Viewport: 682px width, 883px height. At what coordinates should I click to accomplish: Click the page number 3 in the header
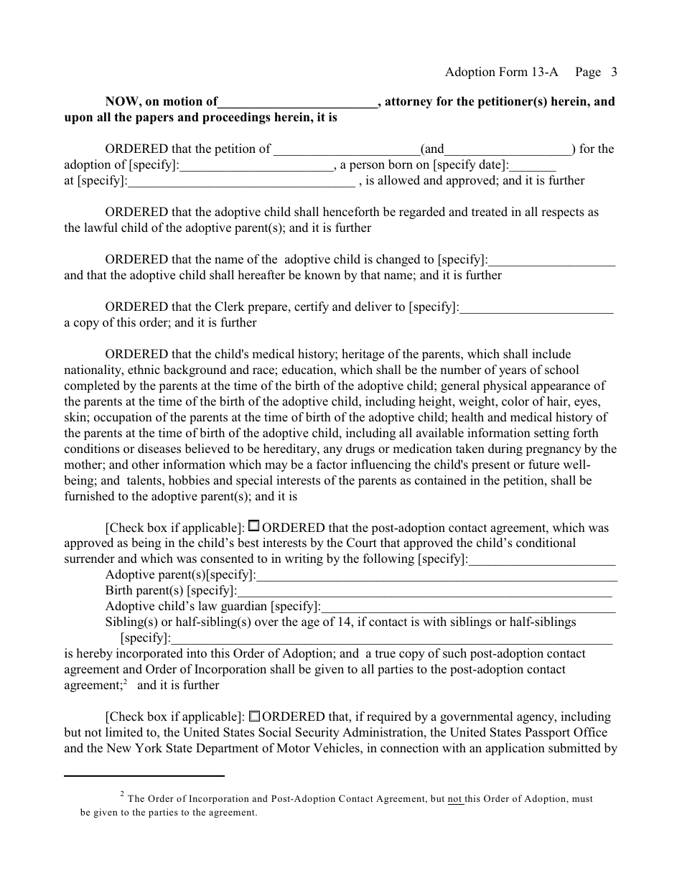pos(614,72)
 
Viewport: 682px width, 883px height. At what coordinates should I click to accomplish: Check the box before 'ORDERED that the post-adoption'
pos(254,527)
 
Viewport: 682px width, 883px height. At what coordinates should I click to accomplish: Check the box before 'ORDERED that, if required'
pos(254,716)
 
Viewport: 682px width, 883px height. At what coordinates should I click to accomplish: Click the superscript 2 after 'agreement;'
pos(125,682)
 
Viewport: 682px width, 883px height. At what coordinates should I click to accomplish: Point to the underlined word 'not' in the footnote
pos(455,798)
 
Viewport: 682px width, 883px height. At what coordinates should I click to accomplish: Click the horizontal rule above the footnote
pos(144,776)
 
